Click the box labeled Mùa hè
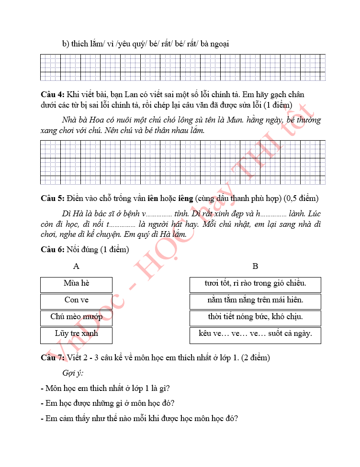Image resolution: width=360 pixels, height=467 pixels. tap(76, 284)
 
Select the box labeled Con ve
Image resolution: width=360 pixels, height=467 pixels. tap(76, 301)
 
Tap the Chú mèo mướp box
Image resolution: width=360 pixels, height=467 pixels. tap(76, 318)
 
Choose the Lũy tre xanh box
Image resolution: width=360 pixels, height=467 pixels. tap(76, 334)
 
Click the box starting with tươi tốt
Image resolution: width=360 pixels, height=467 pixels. tap(255, 284)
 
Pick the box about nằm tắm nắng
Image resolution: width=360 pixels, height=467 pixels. tap(255, 301)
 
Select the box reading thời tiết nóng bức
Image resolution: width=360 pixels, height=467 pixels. tap(255, 318)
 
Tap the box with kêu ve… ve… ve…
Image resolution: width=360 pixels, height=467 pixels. tap(255, 334)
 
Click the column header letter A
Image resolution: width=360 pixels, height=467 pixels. tap(76, 266)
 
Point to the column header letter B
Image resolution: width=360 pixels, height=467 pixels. tap(255, 266)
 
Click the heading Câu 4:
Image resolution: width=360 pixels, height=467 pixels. tap(53, 95)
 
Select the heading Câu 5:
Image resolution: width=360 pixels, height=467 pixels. tap(53, 199)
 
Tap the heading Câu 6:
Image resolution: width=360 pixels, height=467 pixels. tap(53, 249)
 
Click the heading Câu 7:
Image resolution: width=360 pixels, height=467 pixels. tap(53, 357)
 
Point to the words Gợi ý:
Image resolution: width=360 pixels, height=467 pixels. tap(73, 373)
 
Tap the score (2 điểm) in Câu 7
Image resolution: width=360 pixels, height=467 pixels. tap(254, 357)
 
